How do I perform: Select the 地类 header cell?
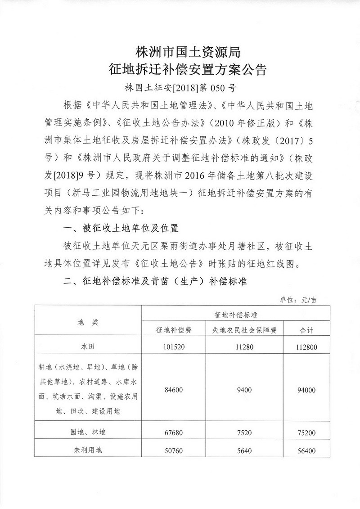click(x=88, y=322)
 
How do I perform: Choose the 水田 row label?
click(x=88, y=347)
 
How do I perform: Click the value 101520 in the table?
click(x=173, y=347)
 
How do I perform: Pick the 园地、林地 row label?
click(x=88, y=432)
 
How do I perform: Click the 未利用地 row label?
click(x=88, y=449)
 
